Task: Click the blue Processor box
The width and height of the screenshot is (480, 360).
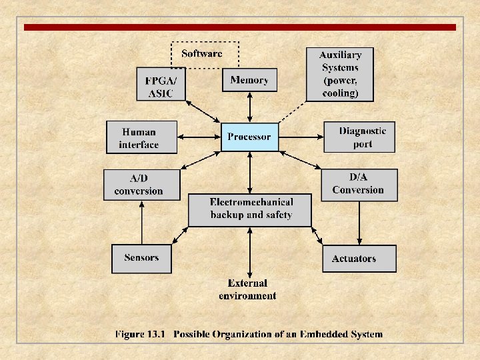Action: coord(249,137)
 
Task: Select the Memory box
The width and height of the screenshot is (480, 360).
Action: coord(249,80)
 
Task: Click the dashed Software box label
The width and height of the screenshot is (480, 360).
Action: coord(201,53)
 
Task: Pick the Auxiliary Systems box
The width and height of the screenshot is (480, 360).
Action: coord(340,74)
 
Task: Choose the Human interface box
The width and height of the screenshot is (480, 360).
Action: coord(141,137)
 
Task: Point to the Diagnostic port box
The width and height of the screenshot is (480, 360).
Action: coord(359,137)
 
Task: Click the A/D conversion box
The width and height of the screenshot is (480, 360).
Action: coord(141,185)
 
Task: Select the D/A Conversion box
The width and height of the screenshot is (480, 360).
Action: coord(359,184)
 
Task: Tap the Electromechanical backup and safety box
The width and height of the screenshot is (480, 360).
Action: coord(250,209)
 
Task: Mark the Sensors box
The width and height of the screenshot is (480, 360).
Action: coord(141,258)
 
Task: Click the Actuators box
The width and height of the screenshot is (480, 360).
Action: coord(359,259)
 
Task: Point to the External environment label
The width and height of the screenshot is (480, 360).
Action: coord(247,289)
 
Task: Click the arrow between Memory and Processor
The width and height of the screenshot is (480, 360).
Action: coord(250,107)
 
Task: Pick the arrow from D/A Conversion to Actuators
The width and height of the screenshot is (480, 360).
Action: coord(359,223)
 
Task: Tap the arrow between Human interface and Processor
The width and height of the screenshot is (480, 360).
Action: coord(199,137)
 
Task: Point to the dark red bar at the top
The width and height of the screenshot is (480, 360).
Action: coord(240,27)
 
